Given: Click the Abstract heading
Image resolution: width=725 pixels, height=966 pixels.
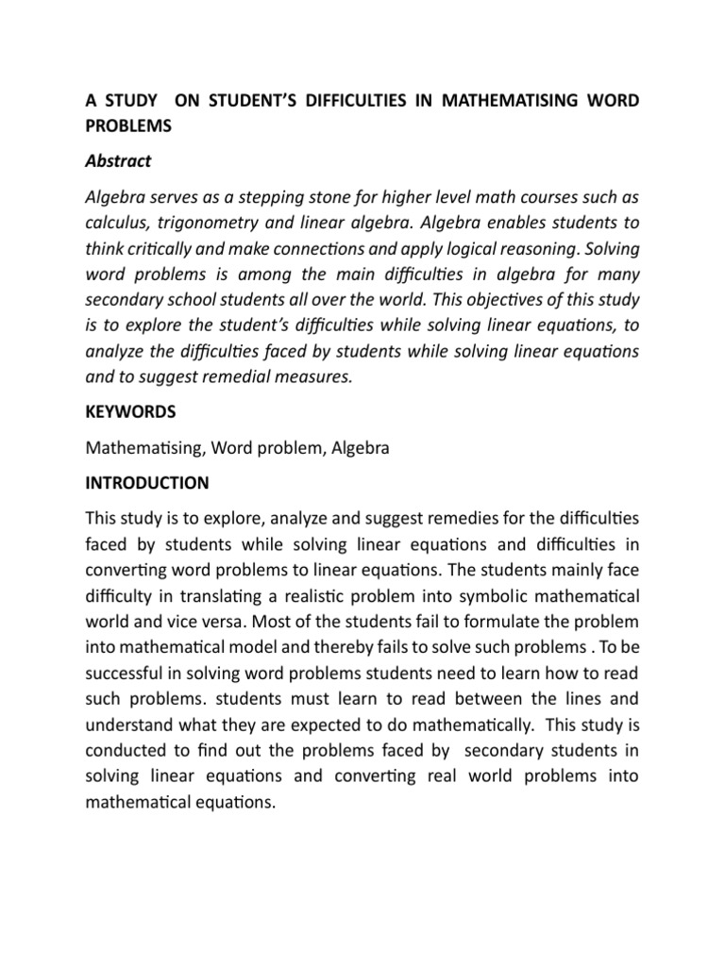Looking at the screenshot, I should [x=118, y=160].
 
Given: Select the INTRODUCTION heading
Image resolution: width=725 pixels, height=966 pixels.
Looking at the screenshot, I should [x=147, y=483].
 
